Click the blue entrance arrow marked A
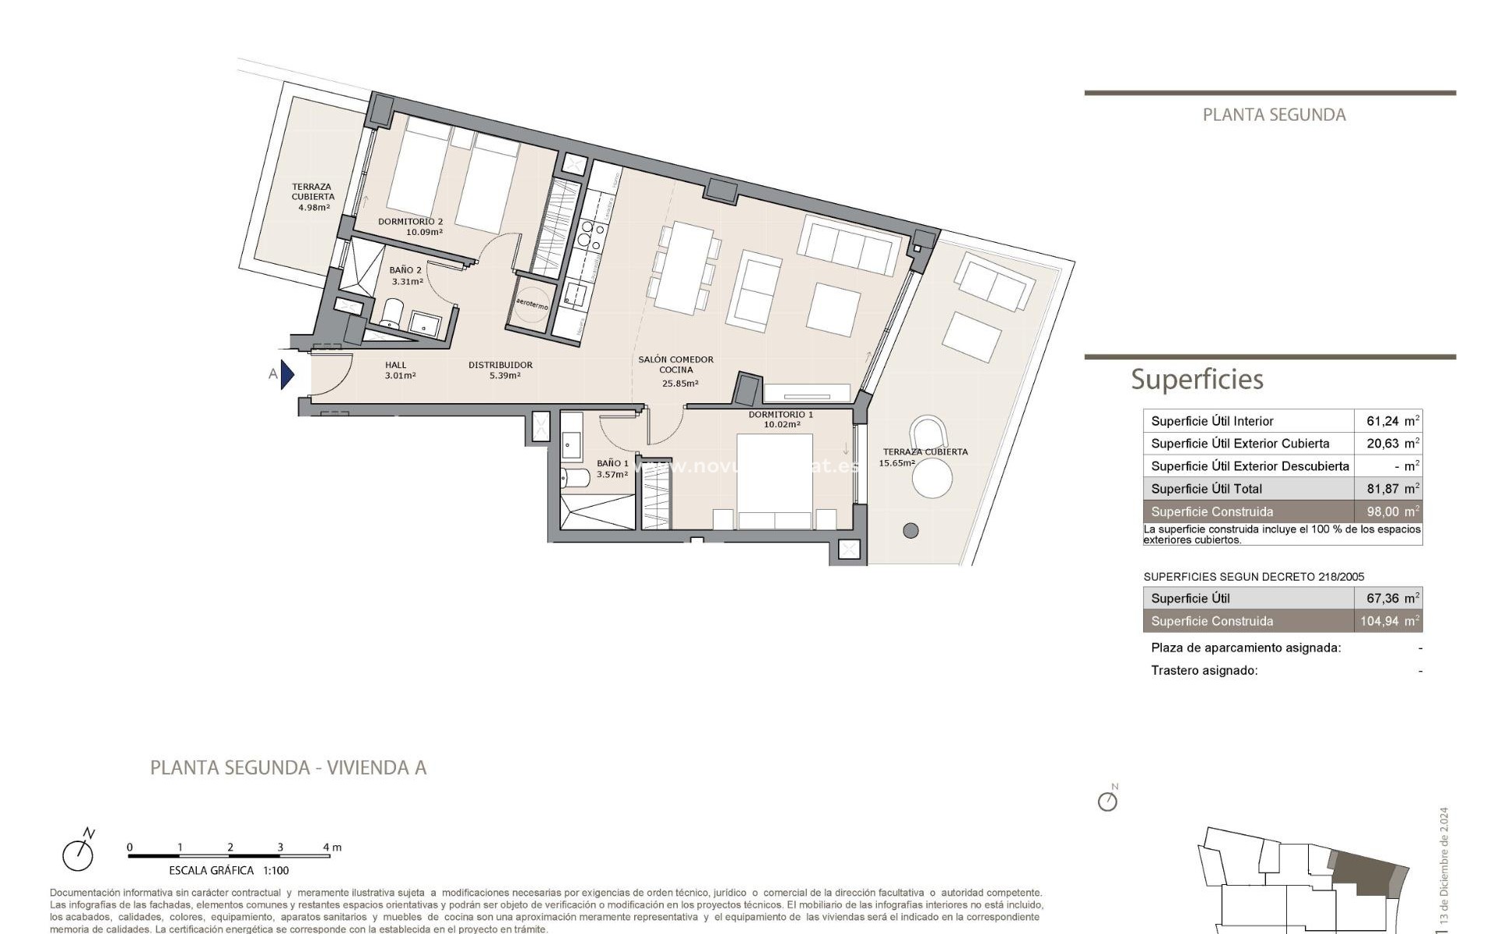(287, 374)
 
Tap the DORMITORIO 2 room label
(410, 226)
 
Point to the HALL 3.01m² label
(399, 370)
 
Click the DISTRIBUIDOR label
(500, 370)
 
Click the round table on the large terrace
(932, 478)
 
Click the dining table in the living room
(683, 268)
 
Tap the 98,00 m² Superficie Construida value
(1389, 511)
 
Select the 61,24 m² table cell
(1389, 421)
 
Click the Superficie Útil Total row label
(1206, 489)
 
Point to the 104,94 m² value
(1389, 621)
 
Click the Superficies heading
(1197, 379)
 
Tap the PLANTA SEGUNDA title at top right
(1274, 115)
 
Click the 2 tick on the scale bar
(230, 848)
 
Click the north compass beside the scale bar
(79, 853)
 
